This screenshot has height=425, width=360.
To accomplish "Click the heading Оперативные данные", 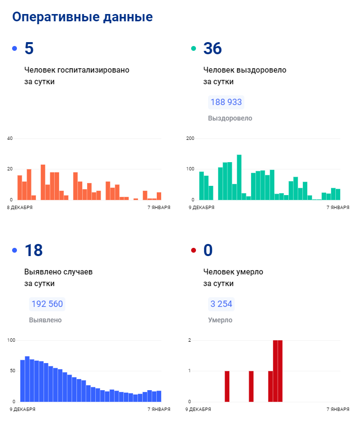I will coord(82,17).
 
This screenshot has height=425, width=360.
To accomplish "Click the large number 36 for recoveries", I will coord(212,48).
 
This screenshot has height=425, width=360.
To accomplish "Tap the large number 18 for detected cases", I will coord(33,250).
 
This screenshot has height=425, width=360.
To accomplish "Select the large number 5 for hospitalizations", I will coord(29,48).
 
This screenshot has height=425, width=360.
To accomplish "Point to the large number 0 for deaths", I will coord(208,250).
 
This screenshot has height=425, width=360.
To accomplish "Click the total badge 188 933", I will coord(226,103).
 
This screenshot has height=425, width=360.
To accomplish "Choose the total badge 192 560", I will coord(47,304).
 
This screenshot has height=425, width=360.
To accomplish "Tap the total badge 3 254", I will coord(221,304).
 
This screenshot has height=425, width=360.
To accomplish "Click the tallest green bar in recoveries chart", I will coord(239,177).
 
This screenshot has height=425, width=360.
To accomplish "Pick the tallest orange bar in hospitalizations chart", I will coord(43,182).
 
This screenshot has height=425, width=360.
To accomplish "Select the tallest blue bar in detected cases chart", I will coord(28,379).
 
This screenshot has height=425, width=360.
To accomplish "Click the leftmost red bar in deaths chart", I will coord(227,386).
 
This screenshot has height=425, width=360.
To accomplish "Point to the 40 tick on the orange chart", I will coord(10,138).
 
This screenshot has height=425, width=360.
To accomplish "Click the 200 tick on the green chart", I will coord(190,138).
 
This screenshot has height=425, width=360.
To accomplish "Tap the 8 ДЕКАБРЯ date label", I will coord(20,207).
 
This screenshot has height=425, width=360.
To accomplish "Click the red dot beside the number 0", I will coord(194,250).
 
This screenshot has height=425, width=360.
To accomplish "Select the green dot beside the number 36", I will coord(194,48).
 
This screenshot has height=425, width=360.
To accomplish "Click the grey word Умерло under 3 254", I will coord(220,320).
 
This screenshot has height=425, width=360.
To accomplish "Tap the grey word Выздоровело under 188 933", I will coord(230,118).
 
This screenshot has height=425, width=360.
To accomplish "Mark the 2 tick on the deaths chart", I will coord(190,340).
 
